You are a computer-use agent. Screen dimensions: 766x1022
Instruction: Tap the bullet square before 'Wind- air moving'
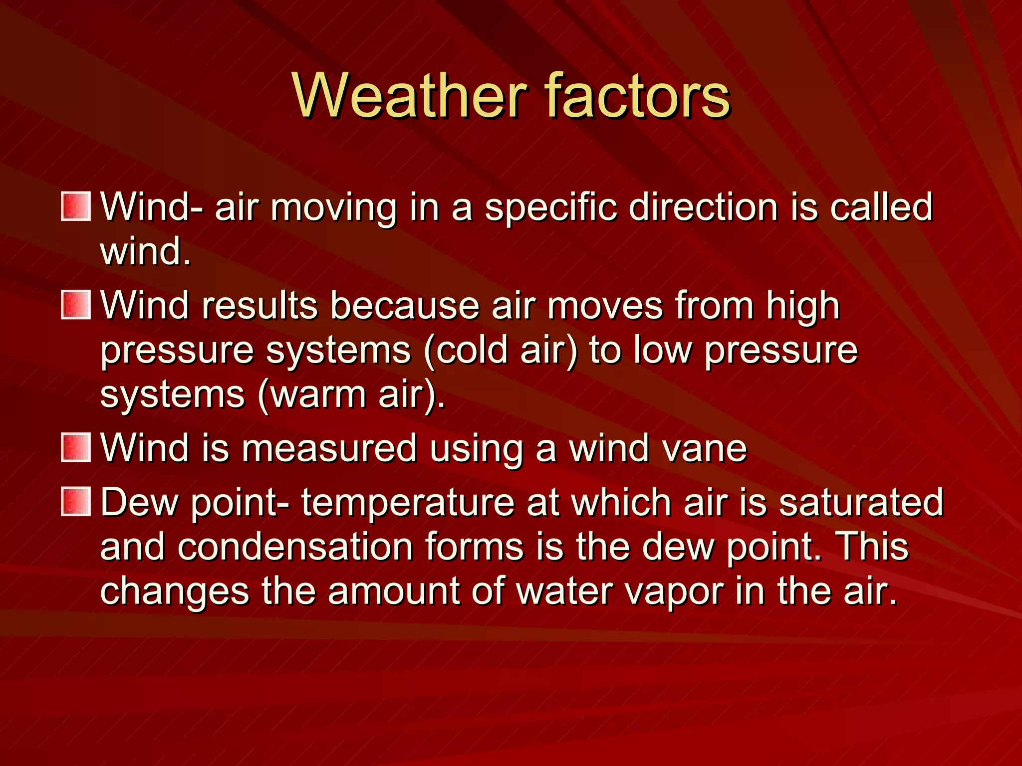(76, 206)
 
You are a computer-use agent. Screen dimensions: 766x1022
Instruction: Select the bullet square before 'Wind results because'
(76, 305)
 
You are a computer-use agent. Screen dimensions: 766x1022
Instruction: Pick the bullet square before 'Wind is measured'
(76, 447)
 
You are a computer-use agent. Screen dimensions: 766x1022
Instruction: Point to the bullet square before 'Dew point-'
(76, 502)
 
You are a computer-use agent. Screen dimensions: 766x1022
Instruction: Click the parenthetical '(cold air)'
(500, 351)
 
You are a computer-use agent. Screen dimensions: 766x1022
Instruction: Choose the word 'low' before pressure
(662, 350)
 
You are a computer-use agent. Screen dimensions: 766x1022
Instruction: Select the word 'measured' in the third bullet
(329, 448)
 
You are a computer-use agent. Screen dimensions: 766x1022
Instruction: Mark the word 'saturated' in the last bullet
(861, 502)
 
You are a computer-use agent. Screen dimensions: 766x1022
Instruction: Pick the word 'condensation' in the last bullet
(295, 547)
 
